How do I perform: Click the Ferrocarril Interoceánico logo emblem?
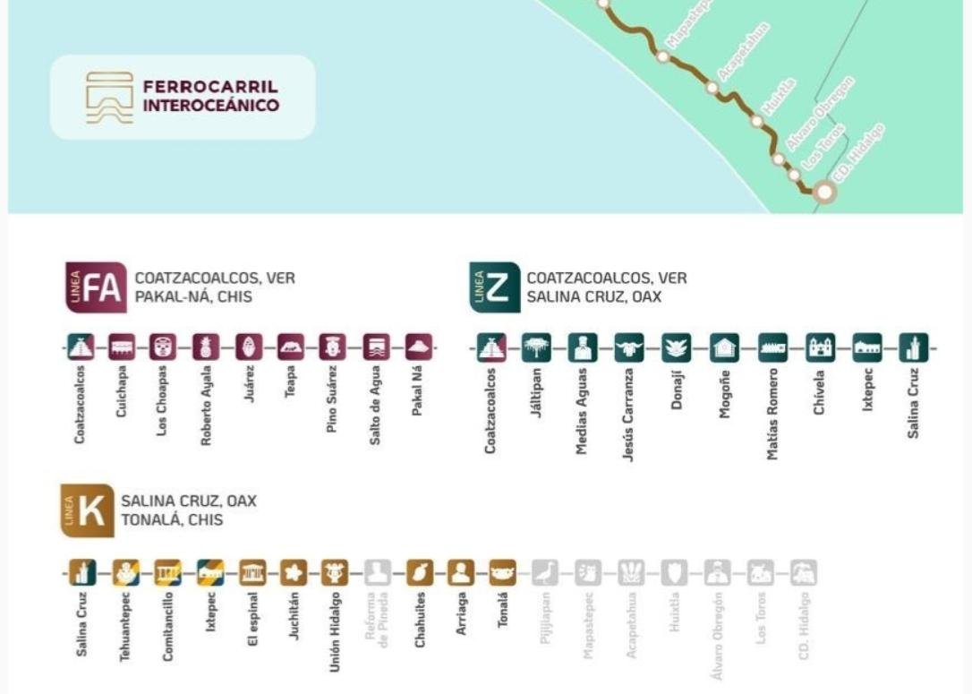(109, 97)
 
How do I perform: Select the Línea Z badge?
(494, 287)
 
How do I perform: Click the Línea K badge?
(88, 510)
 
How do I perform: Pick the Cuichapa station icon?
(122, 347)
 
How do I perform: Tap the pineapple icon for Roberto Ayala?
(206, 347)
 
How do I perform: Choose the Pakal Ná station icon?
(418, 347)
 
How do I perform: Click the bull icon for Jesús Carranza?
(629, 347)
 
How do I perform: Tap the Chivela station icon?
(820, 347)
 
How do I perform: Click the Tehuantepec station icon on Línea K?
(125, 571)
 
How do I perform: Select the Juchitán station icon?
(294, 571)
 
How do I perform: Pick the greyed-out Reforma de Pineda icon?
(378, 571)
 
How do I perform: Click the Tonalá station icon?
(503, 571)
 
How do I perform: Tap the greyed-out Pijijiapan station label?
(546, 618)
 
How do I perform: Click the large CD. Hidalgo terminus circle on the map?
(823, 191)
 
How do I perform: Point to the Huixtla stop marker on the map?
(756, 121)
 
